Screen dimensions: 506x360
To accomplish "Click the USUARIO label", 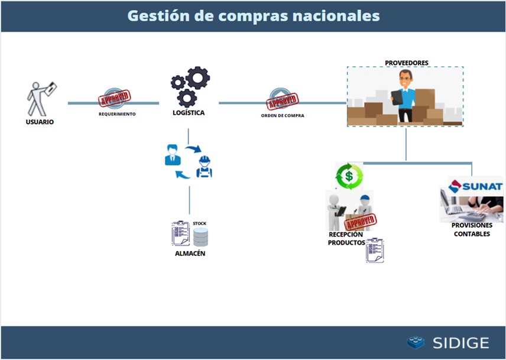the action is pyautogui.click(x=40, y=122).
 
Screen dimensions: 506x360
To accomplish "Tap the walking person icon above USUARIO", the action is pyautogui.click(x=41, y=99).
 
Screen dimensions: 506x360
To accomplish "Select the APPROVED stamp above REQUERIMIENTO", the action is pyautogui.click(x=114, y=98).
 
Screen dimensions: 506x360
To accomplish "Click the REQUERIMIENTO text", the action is pyautogui.click(x=117, y=114).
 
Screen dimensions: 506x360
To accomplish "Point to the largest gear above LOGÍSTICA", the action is pyautogui.click(x=197, y=78).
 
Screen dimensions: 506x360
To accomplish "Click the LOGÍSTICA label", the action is pyautogui.click(x=189, y=113).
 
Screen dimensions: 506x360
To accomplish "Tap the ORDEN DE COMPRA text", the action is pyautogui.click(x=283, y=115).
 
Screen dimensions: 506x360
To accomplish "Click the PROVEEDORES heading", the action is pyautogui.click(x=407, y=63).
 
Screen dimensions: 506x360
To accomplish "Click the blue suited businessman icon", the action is pyautogui.click(x=173, y=155).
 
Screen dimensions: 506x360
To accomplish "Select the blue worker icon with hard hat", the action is pyautogui.click(x=205, y=167).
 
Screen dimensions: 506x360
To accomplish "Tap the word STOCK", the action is pyautogui.click(x=199, y=223).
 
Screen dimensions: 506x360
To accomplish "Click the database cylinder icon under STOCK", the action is pyautogui.click(x=201, y=237).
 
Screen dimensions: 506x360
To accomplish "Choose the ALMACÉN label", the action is pyautogui.click(x=190, y=254).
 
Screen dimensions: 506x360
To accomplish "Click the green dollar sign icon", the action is pyautogui.click(x=349, y=176).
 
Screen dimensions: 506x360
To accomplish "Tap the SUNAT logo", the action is pyautogui.click(x=476, y=186).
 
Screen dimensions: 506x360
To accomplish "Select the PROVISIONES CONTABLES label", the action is pyautogui.click(x=472, y=230).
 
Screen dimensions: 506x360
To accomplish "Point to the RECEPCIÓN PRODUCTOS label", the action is pyautogui.click(x=346, y=238).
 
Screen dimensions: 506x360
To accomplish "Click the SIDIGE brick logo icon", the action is pyautogui.click(x=416, y=342).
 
